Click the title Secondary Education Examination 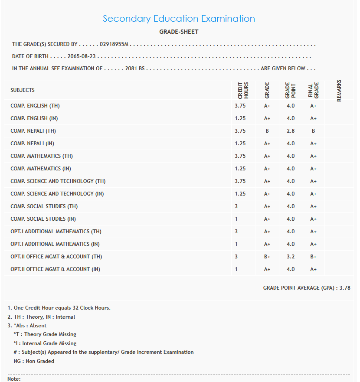click(179, 19)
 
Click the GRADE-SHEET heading click(179, 32)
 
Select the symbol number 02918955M click(114, 44)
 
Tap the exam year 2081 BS click(134, 69)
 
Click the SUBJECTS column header click(23, 90)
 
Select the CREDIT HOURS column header click(243, 91)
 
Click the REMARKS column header click(339, 91)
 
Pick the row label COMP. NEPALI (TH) click(33, 131)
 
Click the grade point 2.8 click(290, 131)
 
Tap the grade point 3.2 click(290, 257)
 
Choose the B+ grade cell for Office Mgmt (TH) click(267, 257)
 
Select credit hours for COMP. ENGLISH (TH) click(240, 106)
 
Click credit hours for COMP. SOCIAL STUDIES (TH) click(236, 206)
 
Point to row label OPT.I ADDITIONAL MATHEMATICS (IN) click(55, 244)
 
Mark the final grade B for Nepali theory click(313, 131)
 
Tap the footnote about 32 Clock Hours click(59, 308)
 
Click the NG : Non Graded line click(34, 361)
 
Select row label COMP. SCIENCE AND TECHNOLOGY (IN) click(57, 194)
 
